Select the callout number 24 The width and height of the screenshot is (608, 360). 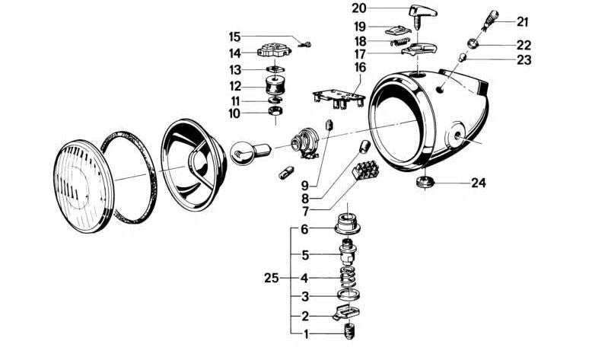tap(477, 183)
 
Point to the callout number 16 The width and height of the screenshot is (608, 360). tap(359, 67)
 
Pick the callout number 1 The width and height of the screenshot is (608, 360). tap(304, 334)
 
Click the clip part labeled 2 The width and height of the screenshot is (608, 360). tap(346, 312)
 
